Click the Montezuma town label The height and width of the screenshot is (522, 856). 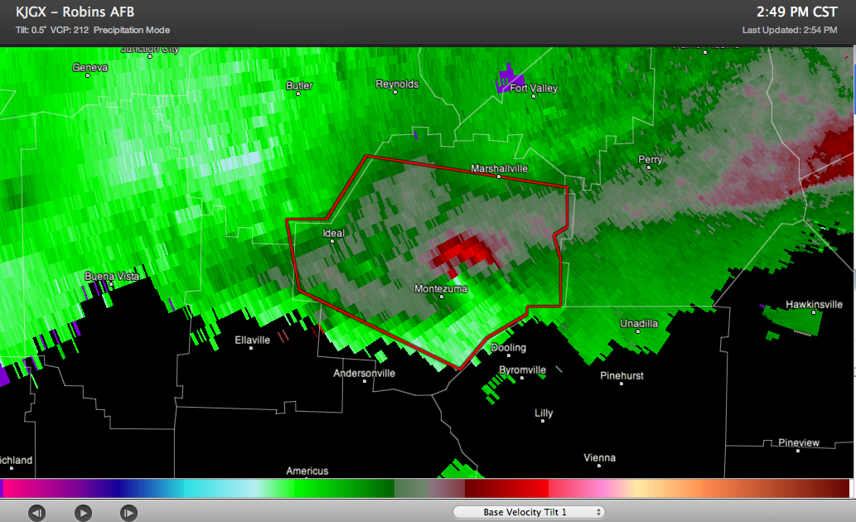coord(441,289)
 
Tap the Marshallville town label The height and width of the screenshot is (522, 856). coord(499,168)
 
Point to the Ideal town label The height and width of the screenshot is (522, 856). coord(333,234)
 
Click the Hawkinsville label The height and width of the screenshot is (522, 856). coord(814,304)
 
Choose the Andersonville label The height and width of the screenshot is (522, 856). coord(364,373)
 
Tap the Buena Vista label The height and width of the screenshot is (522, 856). coord(110,275)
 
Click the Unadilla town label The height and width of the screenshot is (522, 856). coord(639,323)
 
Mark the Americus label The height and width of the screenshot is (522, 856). coord(307,471)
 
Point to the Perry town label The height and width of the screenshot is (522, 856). coord(650,159)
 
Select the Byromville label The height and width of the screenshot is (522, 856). coord(522,370)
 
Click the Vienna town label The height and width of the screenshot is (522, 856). coord(599,457)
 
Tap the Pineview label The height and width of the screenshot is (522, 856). coord(798,442)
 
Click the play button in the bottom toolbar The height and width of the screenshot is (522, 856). coord(83,513)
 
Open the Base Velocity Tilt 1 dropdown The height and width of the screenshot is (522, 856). coord(529,512)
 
